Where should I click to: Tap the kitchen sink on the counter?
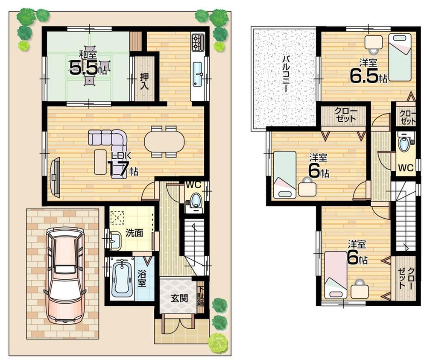point(198,73)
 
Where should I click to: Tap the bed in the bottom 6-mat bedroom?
point(335,275)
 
